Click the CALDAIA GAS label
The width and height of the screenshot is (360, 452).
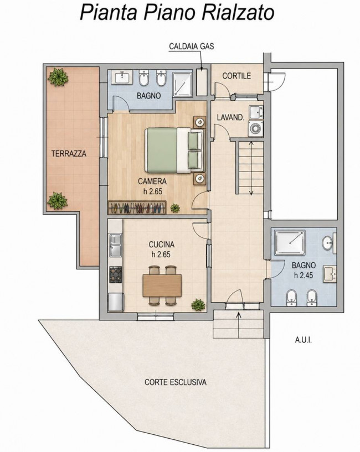coord(192,46)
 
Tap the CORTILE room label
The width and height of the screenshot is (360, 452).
coord(236,76)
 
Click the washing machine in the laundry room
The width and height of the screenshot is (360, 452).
coord(255,128)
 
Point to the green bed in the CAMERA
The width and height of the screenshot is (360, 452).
coord(174,150)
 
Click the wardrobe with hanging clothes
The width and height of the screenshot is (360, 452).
coord(137,207)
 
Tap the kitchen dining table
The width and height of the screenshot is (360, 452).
coord(162,285)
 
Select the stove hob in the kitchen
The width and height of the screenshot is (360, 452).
coord(116,274)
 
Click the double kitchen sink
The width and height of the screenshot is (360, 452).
coord(115,245)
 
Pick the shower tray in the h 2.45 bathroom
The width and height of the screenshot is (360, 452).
coord(290,242)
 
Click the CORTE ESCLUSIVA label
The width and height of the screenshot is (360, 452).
coord(176,382)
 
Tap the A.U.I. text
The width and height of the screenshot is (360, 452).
coord(304,340)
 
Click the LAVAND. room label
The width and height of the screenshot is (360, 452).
coord(230,117)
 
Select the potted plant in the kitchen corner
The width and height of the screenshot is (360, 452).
coord(198,304)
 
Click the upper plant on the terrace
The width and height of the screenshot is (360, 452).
coord(58,77)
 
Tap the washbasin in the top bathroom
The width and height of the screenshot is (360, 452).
coord(122,77)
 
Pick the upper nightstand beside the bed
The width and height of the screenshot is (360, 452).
coord(199,122)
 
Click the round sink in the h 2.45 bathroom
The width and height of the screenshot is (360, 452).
coord(328,243)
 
